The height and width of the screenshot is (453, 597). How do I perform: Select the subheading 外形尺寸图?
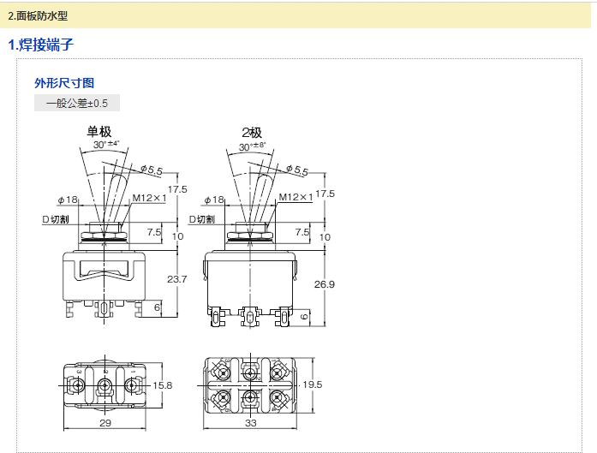tap(64, 83)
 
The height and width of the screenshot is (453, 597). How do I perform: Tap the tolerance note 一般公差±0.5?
tap(77, 103)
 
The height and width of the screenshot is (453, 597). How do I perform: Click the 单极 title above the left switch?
tap(99, 132)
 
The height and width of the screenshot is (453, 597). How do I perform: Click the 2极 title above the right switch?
tap(252, 132)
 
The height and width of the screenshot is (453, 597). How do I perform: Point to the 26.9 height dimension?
tap(325, 283)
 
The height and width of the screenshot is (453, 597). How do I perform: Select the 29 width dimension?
tap(104, 424)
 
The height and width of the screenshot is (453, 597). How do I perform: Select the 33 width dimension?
tap(251, 424)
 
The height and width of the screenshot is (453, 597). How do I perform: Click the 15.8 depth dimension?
tap(162, 386)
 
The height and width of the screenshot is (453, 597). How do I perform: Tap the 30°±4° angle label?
tap(107, 145)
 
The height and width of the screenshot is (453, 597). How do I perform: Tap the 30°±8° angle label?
tap(254, 146)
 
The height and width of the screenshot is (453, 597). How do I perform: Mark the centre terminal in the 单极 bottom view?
tap(105, 386)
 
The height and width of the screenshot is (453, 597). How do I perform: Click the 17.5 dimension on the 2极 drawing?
tap(325, 193)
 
